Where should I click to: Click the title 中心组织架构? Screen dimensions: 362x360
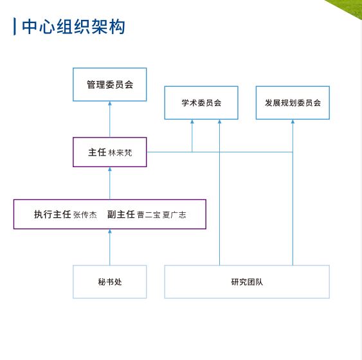[x=73, y=27]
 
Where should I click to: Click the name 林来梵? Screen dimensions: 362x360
[x=120, y=153]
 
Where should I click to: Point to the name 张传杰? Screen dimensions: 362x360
[x=85, y=215]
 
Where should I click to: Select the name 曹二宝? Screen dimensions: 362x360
[x=149, y=215]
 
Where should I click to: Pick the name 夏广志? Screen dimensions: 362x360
[x=174, y=215]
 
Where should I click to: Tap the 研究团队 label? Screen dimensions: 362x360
[x=247, y=282]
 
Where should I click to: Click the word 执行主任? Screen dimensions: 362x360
[x=53, y=214]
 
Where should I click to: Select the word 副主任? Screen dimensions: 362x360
[x=121, y=214]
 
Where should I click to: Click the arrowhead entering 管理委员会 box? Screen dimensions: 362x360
[x=110, y=104]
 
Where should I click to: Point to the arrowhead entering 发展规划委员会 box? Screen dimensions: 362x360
[x=293, y=122]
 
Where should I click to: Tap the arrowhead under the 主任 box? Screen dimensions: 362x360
[x=110, y=169]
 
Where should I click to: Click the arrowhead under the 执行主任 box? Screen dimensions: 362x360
[x=110, y=231]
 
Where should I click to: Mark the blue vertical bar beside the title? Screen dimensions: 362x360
[x=15, y=26]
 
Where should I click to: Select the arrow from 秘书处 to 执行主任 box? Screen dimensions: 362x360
[x=110, y=247]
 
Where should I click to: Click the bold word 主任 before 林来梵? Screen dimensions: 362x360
[x=97, y=152]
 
